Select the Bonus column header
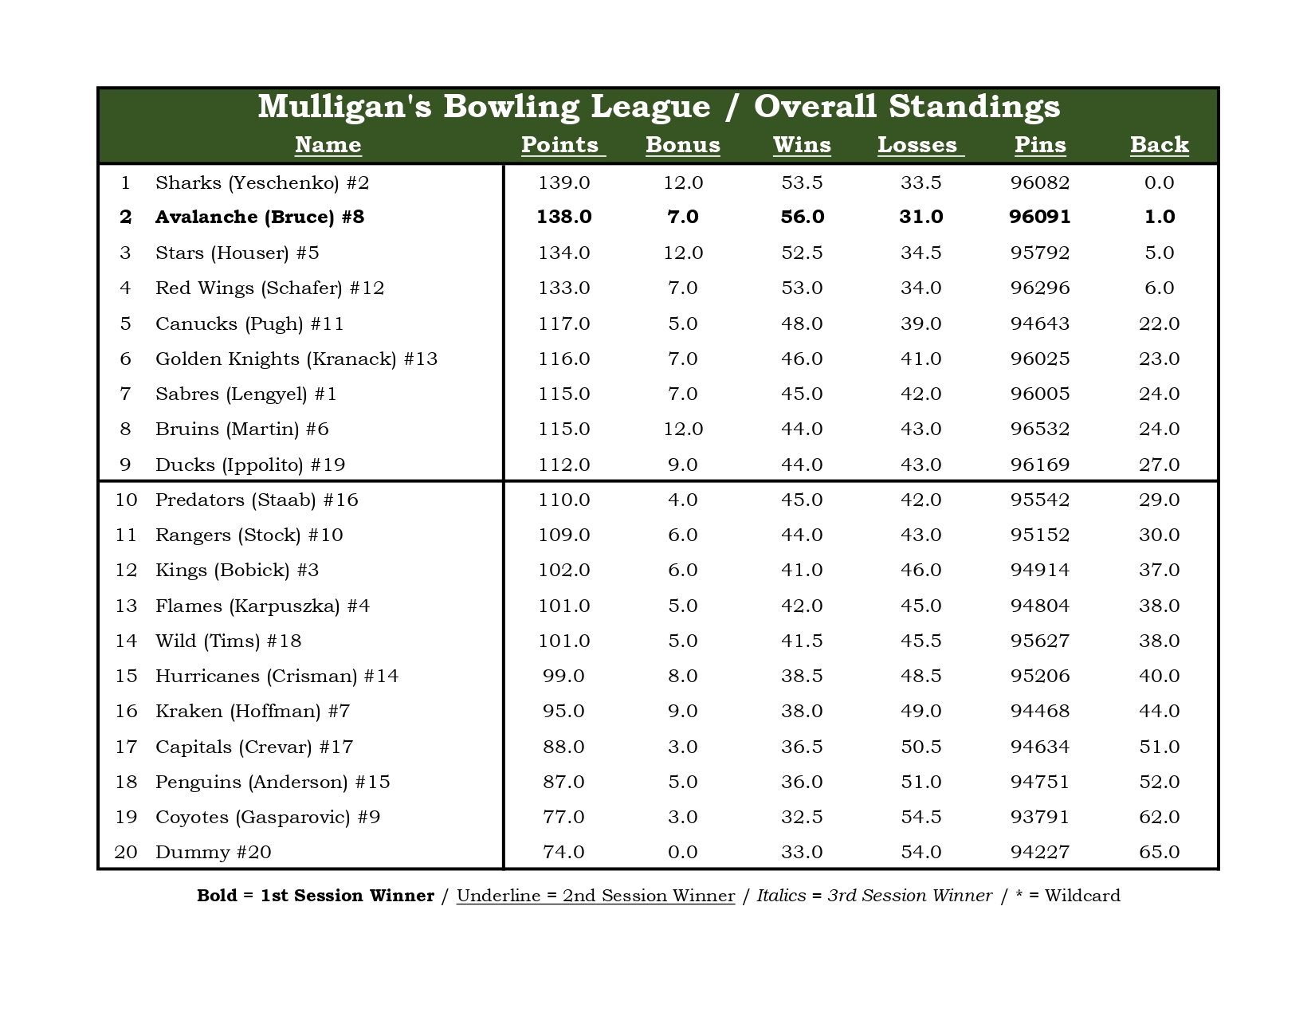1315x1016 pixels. pos(682,145)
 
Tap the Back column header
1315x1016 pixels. pos(1159,145)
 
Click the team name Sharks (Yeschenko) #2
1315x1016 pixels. pos(262,183)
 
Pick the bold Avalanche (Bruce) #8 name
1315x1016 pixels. pos(259,218)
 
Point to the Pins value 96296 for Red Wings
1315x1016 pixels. pos(1040,288)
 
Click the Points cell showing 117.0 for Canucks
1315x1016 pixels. pos(563,324)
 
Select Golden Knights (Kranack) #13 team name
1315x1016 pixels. pos(296,359)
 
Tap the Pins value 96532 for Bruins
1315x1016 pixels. pos(1040,429)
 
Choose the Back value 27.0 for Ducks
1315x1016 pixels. pos(1159,465)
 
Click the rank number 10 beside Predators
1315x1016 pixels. pos(126,500)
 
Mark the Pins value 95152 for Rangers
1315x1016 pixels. pos(1040,535)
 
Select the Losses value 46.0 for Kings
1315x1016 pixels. pos(920,570)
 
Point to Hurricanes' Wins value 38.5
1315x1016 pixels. pos(802,676)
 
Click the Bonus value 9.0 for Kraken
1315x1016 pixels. pos(682,711)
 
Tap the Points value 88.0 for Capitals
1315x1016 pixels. pos(563,747)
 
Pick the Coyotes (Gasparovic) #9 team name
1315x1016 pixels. pos(268,817)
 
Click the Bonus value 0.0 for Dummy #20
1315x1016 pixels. pos(682,852)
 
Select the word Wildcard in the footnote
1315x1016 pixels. pos(1081,896)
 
